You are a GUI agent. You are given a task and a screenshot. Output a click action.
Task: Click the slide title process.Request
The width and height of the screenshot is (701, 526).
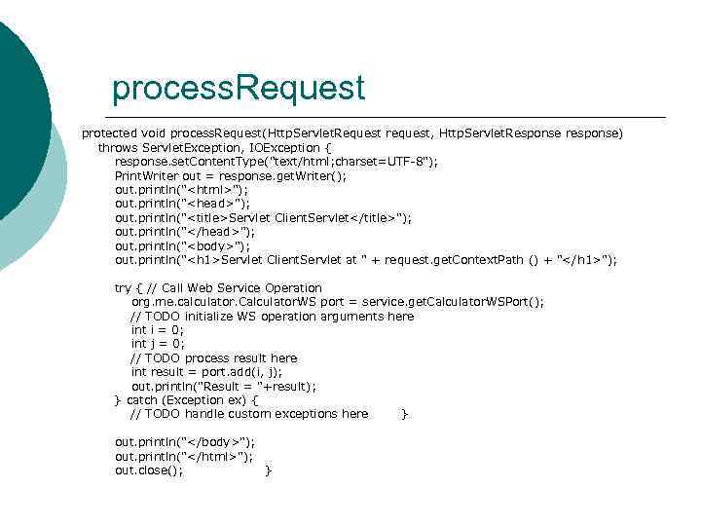(238, 89)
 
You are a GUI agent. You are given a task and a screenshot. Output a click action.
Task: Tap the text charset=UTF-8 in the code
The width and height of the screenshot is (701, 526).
(374, 161)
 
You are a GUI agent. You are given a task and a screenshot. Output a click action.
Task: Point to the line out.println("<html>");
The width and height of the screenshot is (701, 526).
(182, 189)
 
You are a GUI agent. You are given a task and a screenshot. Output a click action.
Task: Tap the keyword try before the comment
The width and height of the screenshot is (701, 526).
(124, 287)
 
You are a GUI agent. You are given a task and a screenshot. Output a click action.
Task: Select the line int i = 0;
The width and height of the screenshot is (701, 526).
(157, 330)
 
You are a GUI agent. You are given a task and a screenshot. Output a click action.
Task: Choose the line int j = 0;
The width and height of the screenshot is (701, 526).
(157, 344)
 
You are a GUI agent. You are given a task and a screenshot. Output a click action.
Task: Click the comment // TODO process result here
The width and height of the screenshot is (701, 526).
(213, 357)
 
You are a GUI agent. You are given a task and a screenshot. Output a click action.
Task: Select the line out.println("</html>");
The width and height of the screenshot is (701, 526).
(184, 456)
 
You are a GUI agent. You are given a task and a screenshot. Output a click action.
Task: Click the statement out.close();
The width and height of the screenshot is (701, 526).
(149, 470)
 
